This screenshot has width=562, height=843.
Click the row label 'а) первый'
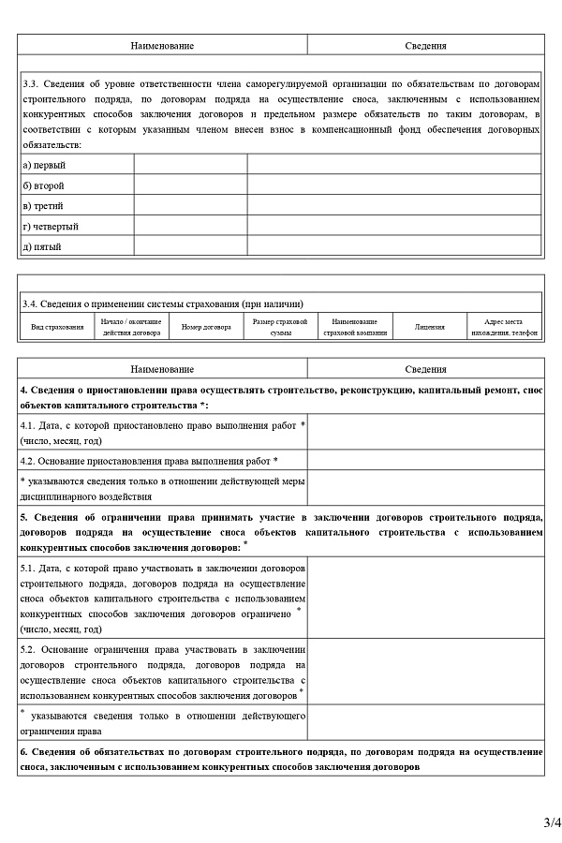(x=43, y=165)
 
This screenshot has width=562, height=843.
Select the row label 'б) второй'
(x=43, y=185)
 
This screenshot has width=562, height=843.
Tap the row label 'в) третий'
(x=43, y=206)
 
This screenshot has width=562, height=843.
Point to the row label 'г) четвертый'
(x=51, y=227)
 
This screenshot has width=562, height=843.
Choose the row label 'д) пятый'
(x=42, y=247)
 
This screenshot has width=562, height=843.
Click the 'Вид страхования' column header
(x=57, y=327)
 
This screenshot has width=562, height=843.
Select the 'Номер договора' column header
(x=206, y=327)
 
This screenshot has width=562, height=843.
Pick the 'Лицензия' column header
(x=430, y=327)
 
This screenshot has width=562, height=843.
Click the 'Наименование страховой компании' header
(x=354, y=327)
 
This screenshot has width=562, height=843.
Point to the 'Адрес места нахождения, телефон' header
(x=505, y=327)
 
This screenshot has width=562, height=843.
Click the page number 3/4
(x=552, y=823)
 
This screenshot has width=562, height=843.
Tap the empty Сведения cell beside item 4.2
(x=424, y=461)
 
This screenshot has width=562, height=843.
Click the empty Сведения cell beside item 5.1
(x=424, y=598)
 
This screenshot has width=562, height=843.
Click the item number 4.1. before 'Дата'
(x=30, y=426)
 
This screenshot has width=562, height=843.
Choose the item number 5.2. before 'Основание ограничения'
(x=30, y=649)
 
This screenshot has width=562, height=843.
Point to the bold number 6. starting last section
(x=23, y=752)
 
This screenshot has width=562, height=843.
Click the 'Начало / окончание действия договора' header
(x=131, y=327)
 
